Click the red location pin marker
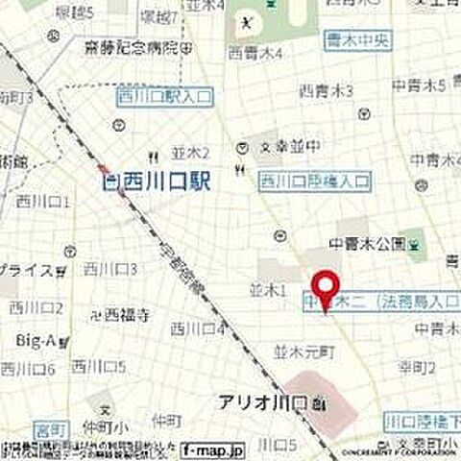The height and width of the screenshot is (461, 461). click(x=327, y=291)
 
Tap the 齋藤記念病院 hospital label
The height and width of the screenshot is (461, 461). click(x=131, y=47)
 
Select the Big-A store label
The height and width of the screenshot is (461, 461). click(x=34, y=338)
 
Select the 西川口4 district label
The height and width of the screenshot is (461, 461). click(x=197, y=328)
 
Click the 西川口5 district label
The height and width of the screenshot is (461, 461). click(x=103, y=366)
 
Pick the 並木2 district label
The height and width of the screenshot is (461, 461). click(x=190, y=152)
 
